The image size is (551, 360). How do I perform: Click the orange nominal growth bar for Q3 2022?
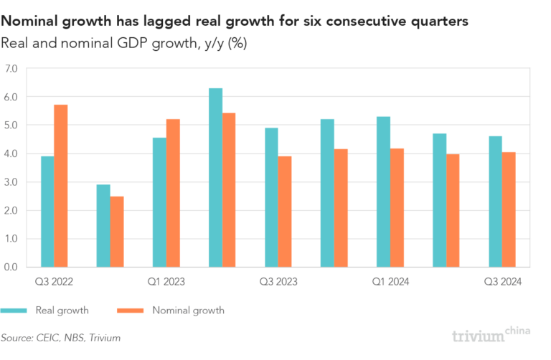(61, 186)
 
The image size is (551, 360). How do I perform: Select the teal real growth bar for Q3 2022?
(47, 212)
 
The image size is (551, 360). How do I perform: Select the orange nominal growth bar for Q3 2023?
(285, 212)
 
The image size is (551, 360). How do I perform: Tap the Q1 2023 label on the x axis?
(166, 282)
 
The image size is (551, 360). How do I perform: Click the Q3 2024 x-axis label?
(502, 282)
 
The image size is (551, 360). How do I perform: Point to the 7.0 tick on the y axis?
(11, 69)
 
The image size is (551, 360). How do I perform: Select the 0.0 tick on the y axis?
(11, 267)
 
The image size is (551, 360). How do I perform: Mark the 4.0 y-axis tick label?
(11, 153)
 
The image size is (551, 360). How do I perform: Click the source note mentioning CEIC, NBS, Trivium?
(60, 337)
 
